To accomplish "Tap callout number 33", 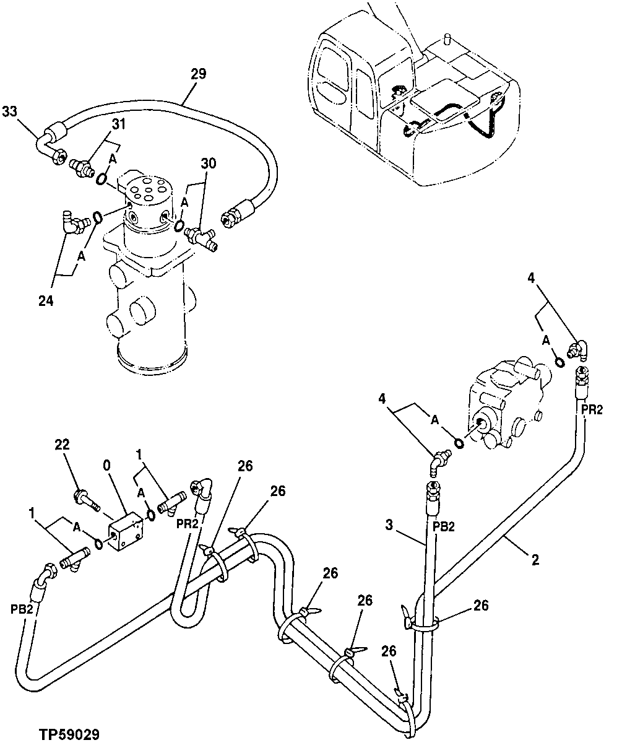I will click(9, 111).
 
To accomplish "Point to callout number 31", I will click(118, 124).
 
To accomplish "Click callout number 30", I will click(209, 163).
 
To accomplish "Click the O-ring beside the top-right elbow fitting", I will click(559, 362).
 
